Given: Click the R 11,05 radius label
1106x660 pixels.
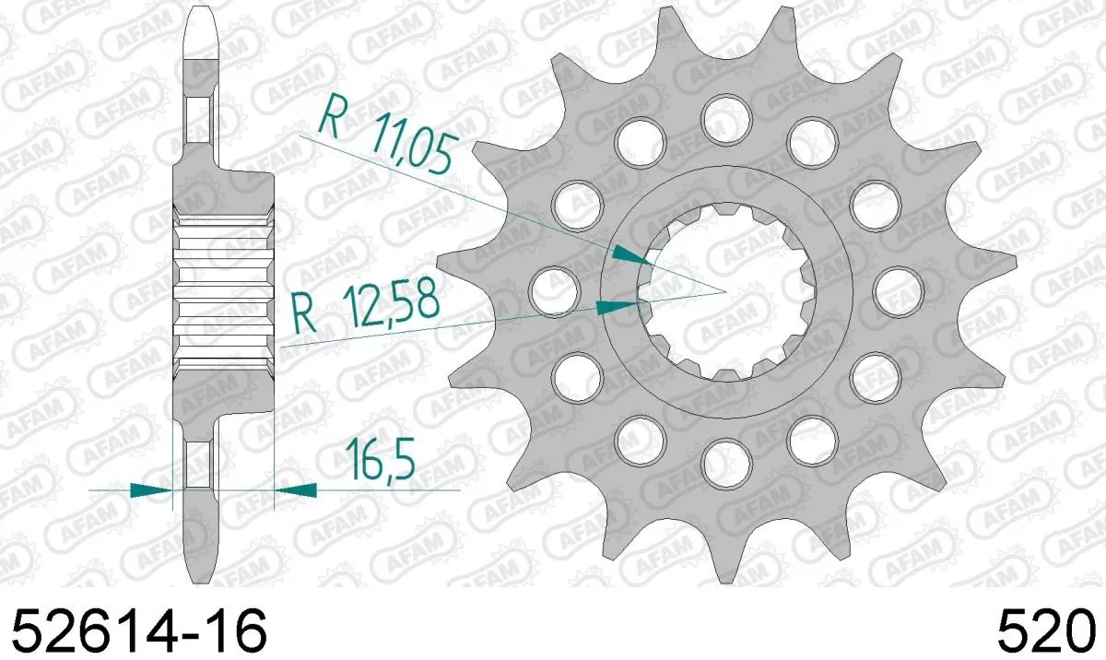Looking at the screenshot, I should tap(386, 137).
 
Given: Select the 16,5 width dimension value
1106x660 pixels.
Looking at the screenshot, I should tap(379, 459).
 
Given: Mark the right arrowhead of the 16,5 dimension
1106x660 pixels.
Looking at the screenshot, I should tap(295, 491).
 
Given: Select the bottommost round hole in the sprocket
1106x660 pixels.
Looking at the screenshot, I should tap(726, 460).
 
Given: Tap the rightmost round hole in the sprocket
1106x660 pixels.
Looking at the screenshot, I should tap(897, 289).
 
